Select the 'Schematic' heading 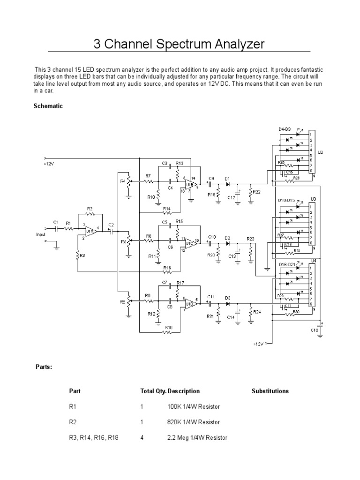pyautogui.click(x=48, y=106)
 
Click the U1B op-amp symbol pyautogui.click(x=190, y=186)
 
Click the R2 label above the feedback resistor pyautogui.click(x=90, y=210)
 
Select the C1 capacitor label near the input pyautogui.click(x=55, y=222)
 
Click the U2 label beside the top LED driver pyautogui.click(x=320, y=152)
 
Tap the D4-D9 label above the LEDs pyautogui.click(x=285, y=129)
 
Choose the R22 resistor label pyautogui.click(x=256, y=192)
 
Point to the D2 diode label pyautogui.click(x=227, y=238)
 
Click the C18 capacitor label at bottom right pyautogui.click(x=314, y=330)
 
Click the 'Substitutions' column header pyautogui.click(x=270, y=391)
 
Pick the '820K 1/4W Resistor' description pyautogui.click(x=193, y=422)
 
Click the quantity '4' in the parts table pyautogui.click(x=142, y=438)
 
